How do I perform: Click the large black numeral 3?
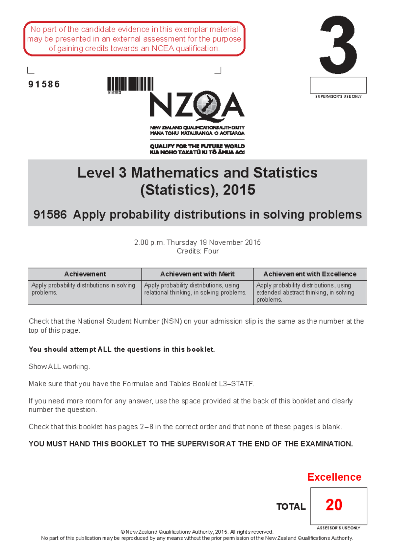[x=338, y=45]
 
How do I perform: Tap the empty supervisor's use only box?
[x=338, y=85]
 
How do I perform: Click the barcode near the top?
[x=130, y=84]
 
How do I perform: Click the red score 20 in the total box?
[x=334, y=505]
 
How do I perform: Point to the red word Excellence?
[x=334, y=477]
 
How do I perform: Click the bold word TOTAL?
[x=291, y=507]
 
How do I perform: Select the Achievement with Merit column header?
[x=197, y=274]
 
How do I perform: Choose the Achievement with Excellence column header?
[x=310, y=274]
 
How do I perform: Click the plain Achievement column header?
[x=85, y=274]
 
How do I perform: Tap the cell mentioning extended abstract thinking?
[x=309, y=292]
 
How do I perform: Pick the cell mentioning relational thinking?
[x=197, y=289]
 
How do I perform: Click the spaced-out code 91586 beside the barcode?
[x=44, y=85]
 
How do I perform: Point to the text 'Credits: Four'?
[x=197, y=251]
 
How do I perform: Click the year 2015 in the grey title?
[x=239, y=190]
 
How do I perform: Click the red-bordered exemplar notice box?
[x=134, y=39]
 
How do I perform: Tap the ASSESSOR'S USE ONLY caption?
[x=338, y=528]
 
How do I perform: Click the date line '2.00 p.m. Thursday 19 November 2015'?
[x=197, y=242]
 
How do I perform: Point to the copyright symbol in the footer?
[x=122, y=532]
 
